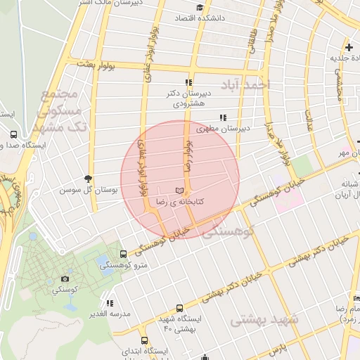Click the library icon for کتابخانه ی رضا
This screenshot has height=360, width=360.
tap(180, 191)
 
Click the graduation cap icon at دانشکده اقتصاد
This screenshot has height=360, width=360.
tap(200, 8)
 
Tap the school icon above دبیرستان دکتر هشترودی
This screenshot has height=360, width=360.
tap(188, 82)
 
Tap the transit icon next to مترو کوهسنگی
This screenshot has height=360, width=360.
tap(124, 253)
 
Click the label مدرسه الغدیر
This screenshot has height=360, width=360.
tap(110, 314)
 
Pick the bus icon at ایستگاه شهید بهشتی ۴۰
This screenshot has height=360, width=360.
tap(179, 308)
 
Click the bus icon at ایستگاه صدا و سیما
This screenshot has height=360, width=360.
tap(13, 134)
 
